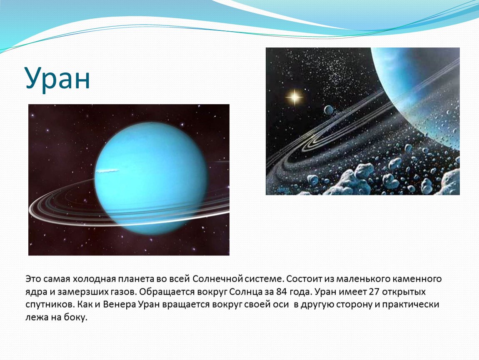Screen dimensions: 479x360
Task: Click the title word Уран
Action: click(x=58, y=78)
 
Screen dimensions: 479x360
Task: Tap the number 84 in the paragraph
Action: click(x=282, y=292)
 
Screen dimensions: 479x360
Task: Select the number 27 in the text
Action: click(x=374, y=292)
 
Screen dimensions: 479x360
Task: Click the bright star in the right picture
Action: click(x=294, y=97)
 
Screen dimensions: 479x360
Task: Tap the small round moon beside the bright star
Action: click(x=328, y=110)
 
